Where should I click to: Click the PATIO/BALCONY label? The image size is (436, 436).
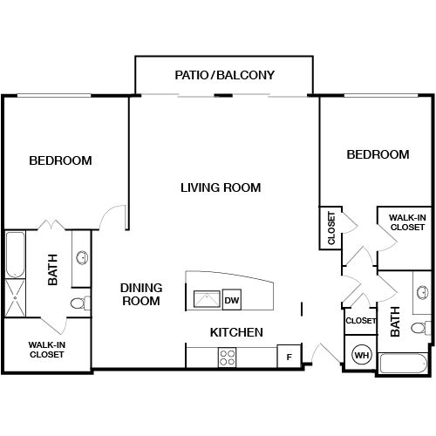pos(225,75)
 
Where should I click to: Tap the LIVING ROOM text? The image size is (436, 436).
pos(221,187)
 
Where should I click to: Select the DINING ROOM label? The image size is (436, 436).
pos(140,294)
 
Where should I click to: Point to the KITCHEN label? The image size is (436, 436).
pos(236,332)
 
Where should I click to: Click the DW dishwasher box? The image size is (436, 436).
pos(231,301)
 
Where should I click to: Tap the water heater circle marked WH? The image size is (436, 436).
pos(361,356)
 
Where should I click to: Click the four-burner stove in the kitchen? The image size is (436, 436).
pos(228,356)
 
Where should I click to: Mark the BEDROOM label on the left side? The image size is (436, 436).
pos(60,160)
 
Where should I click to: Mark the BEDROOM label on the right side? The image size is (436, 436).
pos(378,154)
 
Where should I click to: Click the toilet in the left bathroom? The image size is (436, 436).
pos(78,303)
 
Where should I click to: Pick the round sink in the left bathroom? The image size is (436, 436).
pos(82,257)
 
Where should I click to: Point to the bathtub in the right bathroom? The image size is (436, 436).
pos(402,364)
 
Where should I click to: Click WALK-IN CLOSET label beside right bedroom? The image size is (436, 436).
pos(406,222)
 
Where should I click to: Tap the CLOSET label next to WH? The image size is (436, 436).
pos(360,321)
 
